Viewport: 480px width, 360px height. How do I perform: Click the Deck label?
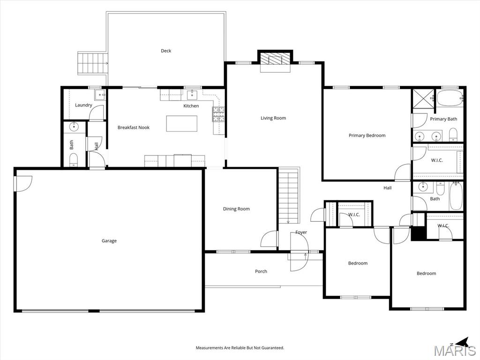166,51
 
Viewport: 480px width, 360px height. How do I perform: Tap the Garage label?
109,241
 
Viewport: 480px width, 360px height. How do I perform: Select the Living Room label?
273,118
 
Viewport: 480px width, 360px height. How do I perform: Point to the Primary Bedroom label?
367,135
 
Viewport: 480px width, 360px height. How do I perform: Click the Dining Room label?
236,209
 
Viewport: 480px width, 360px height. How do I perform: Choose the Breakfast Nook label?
134,127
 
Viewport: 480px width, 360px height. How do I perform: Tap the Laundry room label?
83,105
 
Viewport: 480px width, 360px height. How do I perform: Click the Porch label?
261,271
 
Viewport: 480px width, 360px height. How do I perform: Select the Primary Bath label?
443,119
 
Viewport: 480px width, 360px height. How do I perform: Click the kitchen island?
181,123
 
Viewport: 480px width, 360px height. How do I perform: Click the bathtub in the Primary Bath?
450,98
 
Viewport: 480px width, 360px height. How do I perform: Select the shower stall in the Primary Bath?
423,99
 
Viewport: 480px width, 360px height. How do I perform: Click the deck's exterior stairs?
92,63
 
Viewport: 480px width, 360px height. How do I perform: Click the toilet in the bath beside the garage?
74,159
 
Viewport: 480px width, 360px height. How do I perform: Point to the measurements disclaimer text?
240,348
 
